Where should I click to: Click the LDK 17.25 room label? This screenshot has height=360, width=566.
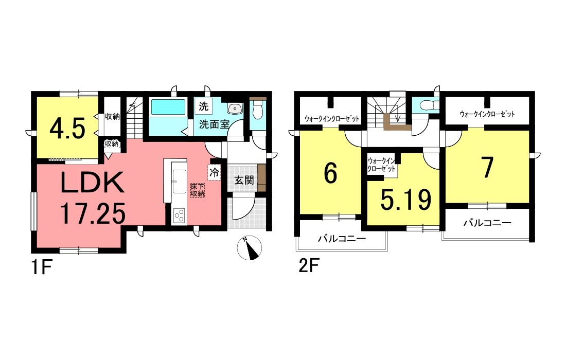point(93,197)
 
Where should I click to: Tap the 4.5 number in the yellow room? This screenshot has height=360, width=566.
point(67,129)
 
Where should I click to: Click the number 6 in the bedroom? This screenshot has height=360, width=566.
point(330,174)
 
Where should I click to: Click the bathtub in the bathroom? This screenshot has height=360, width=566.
point(168,108)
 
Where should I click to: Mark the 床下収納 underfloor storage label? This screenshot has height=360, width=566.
point(198,190)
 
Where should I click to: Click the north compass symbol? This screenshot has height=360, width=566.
point(250,249)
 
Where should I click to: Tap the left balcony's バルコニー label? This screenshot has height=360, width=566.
point(341,239)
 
